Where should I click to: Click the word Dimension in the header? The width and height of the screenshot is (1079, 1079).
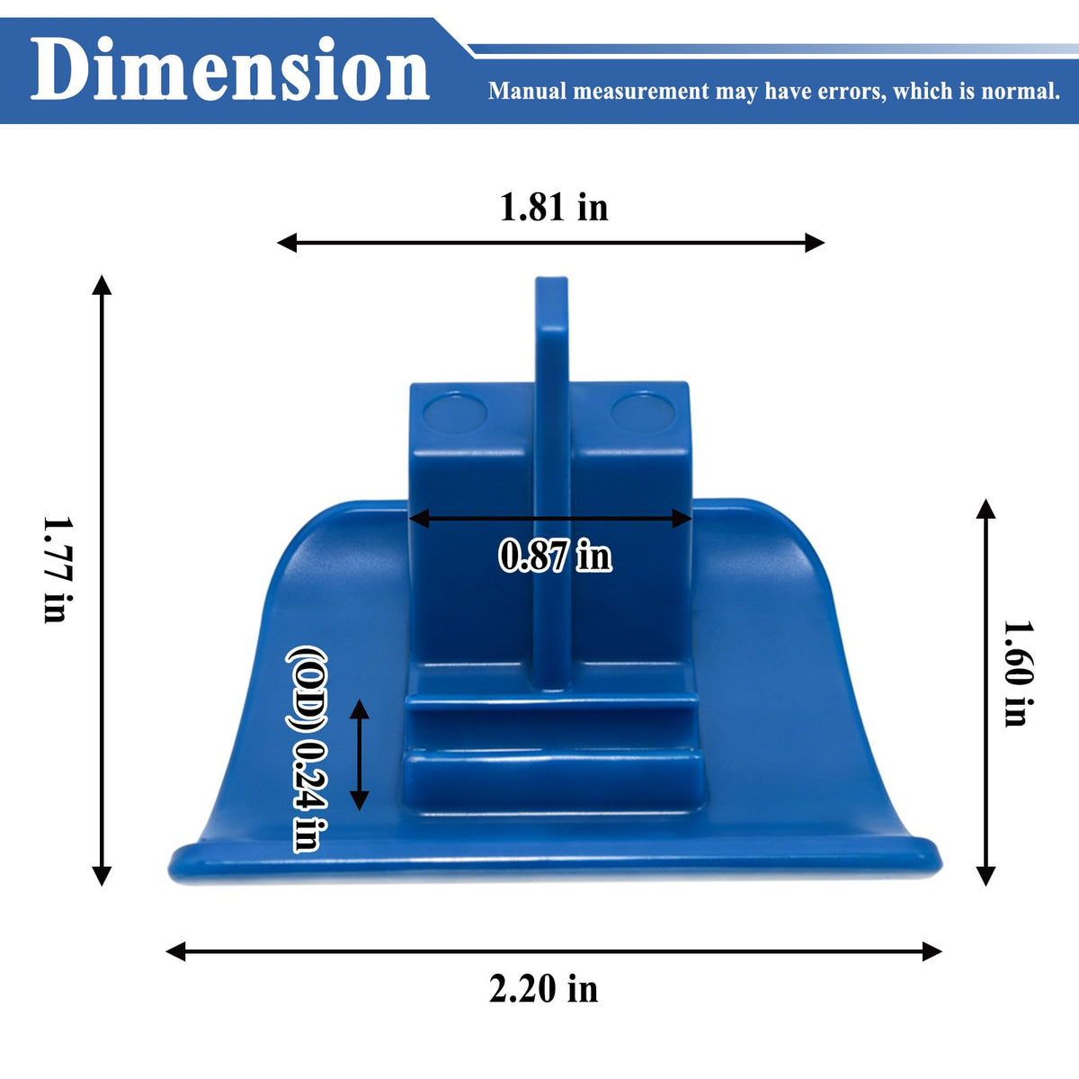pyautogui.click(x=229, y=69)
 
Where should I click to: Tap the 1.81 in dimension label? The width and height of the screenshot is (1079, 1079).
pyautogui.click(x=554, y=207)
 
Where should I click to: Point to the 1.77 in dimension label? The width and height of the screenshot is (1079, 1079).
pyautogui.click(x=58, y=569)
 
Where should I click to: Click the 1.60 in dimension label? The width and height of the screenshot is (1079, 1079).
pyautogui.click(x=1017, y=673)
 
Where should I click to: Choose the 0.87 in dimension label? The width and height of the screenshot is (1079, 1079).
pyautogui.click(x=555, y=555)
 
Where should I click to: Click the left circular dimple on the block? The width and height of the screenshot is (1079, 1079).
pyautogui.click(x=455, y=414)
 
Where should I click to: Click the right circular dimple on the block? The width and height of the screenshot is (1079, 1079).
pyautogui.click(x=644, y=413)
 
